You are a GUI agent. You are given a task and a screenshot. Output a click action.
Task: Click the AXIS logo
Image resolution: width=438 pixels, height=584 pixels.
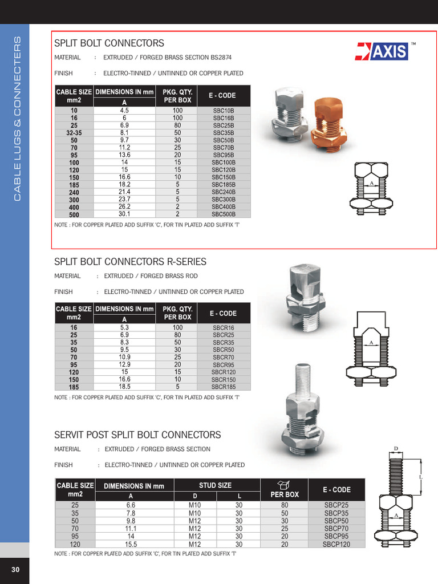coord(382,51)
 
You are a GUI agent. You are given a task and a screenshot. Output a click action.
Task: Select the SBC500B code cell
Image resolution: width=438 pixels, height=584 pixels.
coord(224,214)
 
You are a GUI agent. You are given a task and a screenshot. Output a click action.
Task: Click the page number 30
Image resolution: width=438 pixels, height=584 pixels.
coord(15,570)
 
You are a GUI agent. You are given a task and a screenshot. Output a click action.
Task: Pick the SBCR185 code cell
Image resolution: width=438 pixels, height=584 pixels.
coord(224,387)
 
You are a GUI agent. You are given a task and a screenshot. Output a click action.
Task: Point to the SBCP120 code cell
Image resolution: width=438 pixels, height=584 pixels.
coord(336,545)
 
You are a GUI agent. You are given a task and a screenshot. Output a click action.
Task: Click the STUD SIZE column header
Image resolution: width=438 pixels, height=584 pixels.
coord(215,485)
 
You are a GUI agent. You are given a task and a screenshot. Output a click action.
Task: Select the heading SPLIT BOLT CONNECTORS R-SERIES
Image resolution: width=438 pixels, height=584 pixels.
coord(130,262)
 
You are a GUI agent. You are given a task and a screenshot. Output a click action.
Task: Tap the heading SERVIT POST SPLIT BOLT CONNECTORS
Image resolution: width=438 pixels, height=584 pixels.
coord(137,435)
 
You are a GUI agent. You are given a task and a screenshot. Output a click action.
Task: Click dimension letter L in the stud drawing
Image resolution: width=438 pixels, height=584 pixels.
coord(421,476)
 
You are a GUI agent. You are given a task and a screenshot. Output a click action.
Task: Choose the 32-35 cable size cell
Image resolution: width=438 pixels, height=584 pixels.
coord(74,133)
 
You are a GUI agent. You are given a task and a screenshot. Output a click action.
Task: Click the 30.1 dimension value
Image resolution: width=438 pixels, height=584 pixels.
coord(124,214)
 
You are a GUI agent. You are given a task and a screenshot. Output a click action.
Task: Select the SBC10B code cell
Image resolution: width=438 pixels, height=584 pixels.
coord(224,111)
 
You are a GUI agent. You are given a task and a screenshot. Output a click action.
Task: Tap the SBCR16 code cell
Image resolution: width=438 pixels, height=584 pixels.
coord(224,328)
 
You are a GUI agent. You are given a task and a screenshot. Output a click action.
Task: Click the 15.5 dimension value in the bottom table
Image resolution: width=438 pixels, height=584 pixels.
coord(131,545)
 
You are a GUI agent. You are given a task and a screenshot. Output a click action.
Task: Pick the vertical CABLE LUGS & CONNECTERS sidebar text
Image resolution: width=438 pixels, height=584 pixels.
coord(17,118)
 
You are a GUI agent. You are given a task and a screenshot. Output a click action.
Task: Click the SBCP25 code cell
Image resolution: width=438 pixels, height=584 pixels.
coord(336,505)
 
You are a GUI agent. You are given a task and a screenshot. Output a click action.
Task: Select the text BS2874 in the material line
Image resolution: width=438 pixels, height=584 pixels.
coord(219,58)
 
